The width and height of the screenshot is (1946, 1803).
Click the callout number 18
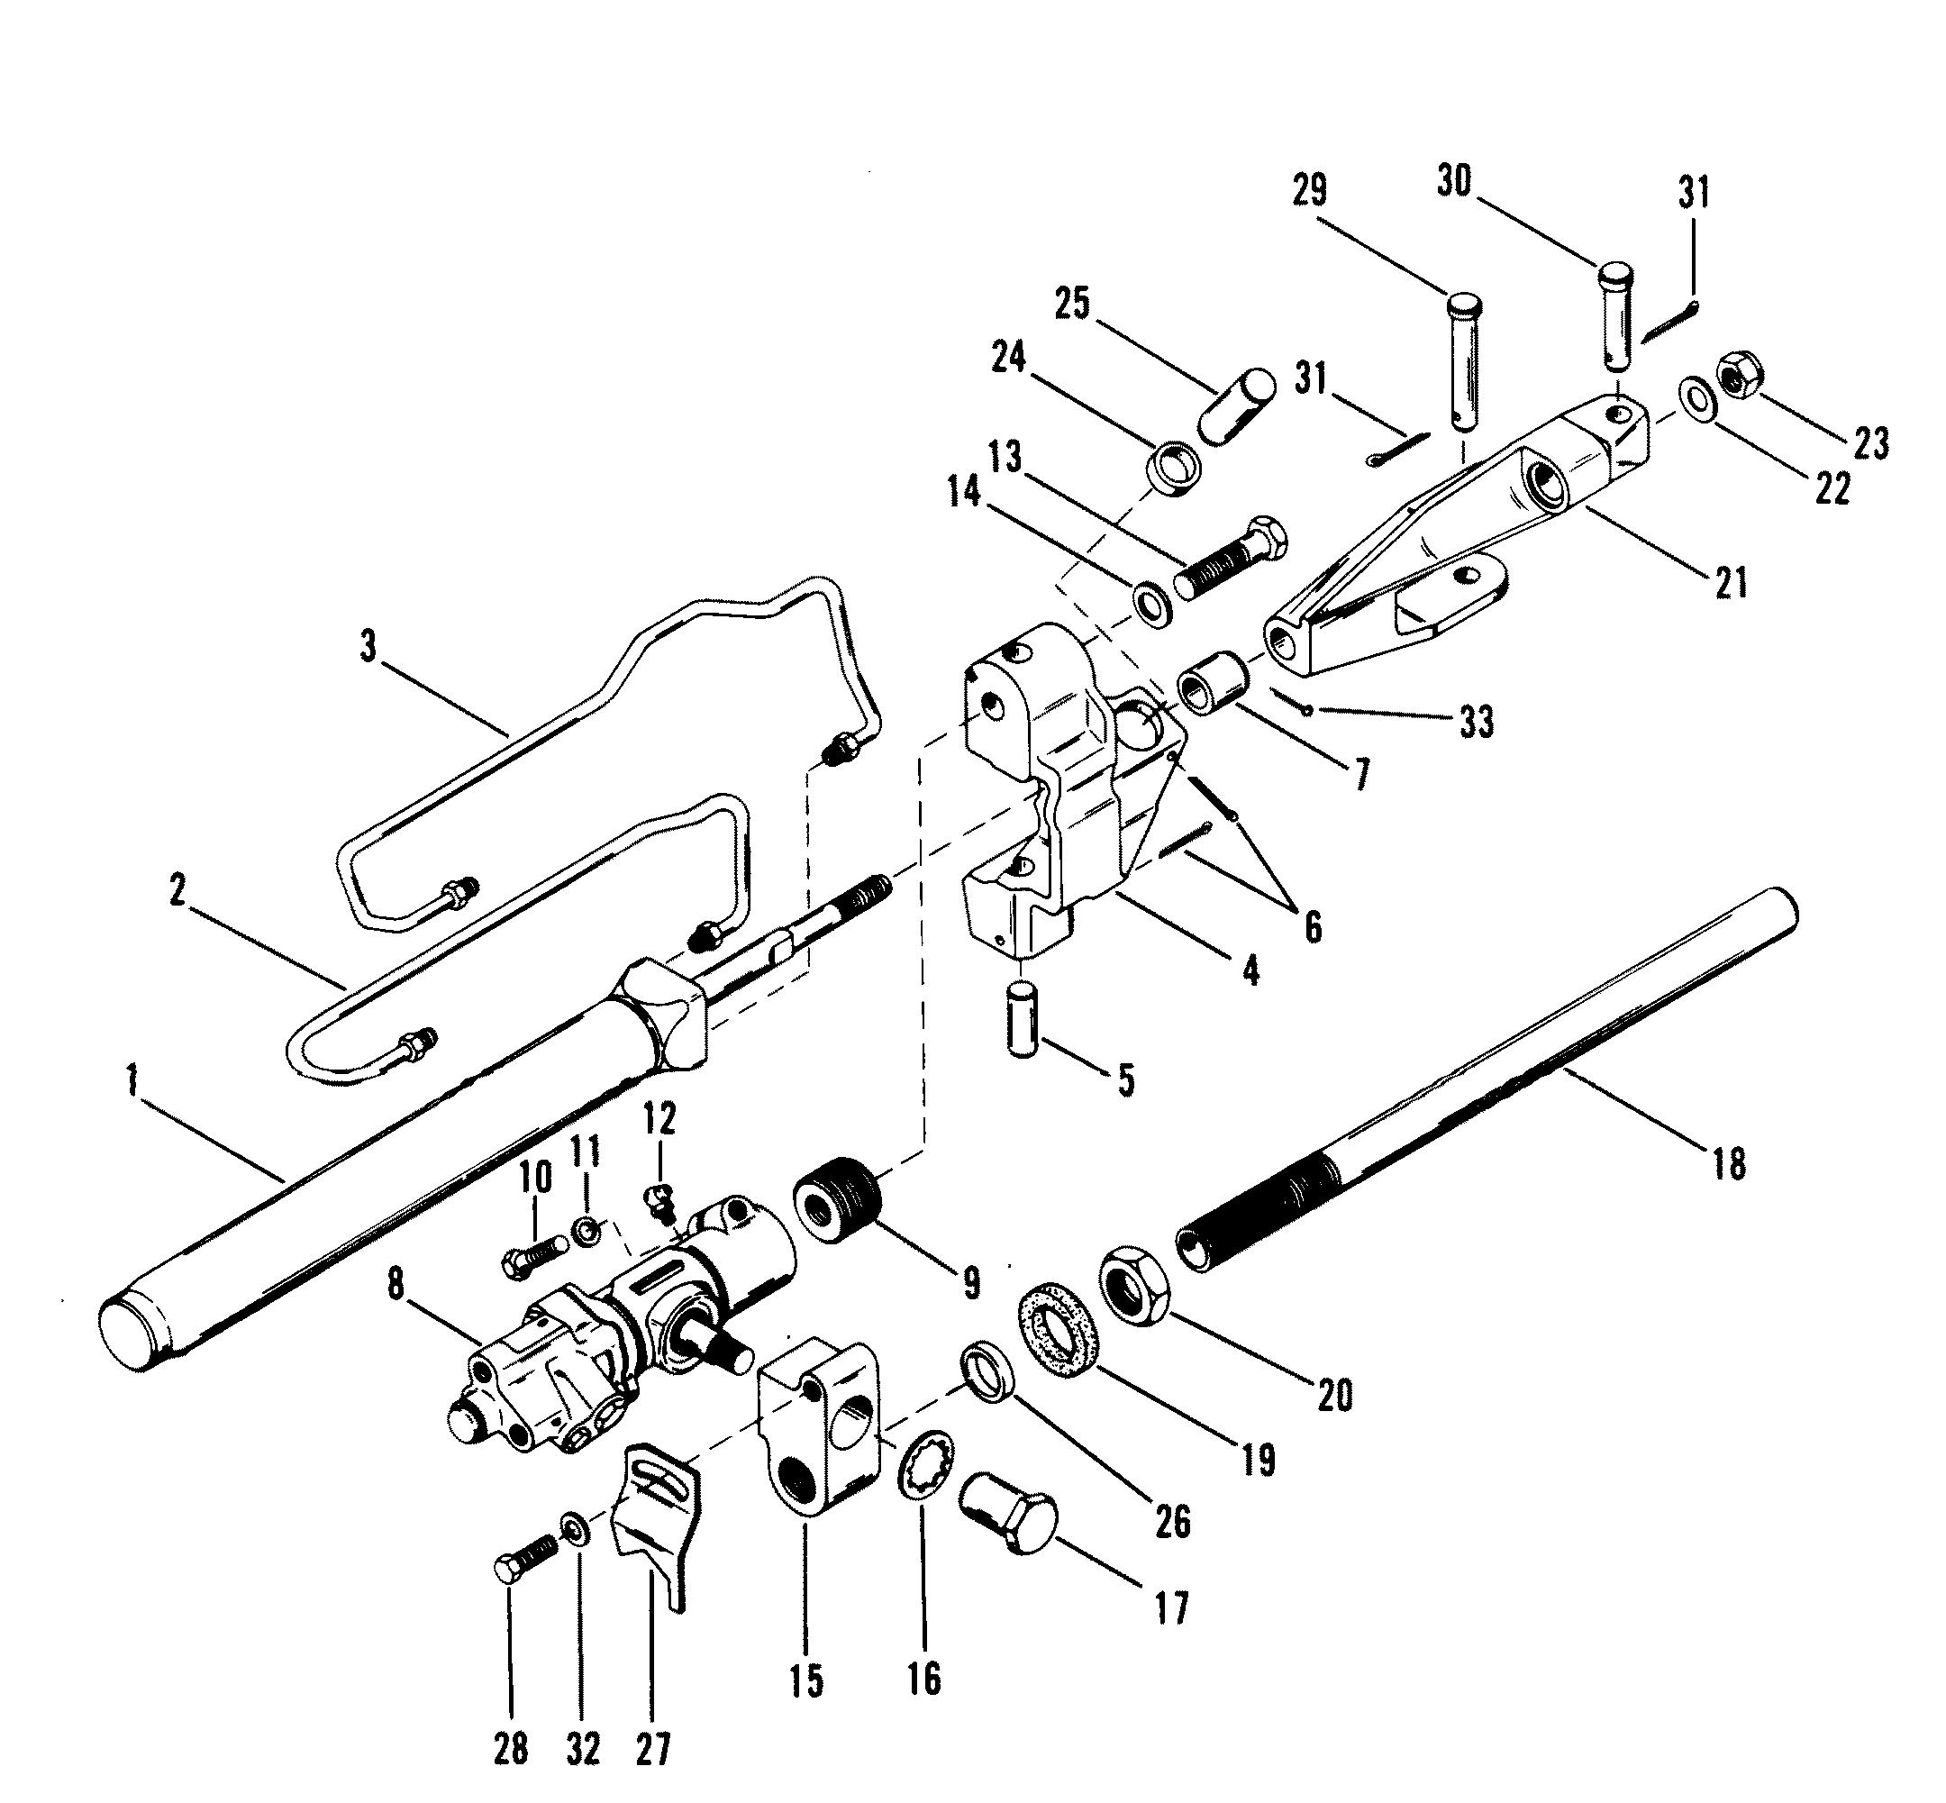tap(1729, 1164)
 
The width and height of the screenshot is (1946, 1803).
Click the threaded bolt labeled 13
tap(1230, 560)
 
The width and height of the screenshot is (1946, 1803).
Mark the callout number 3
tap(367, 646)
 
